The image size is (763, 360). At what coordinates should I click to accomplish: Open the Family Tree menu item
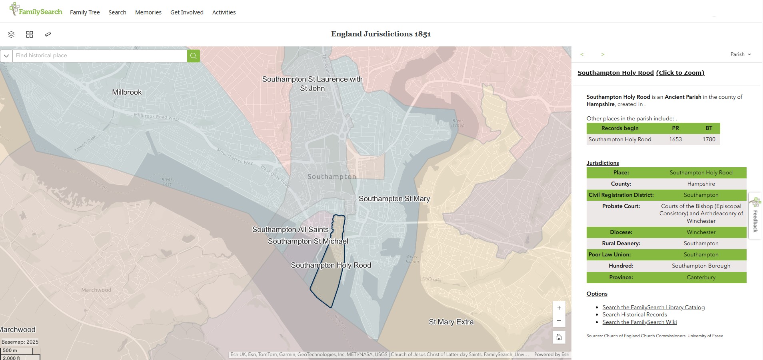[x=85, y=12]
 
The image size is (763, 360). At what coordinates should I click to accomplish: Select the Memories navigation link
[x=148, y=12]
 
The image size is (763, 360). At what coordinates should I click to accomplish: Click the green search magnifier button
[x=193, y=56]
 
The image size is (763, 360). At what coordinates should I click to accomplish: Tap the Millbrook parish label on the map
[x=127, y=92]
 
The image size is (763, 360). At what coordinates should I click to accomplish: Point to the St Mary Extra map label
[x=451, y=322]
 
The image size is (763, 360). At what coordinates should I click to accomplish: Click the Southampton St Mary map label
[x=394, y=199]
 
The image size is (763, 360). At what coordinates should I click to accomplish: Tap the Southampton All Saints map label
[x=290, y=230]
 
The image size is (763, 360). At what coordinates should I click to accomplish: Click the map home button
[x=559, y=337]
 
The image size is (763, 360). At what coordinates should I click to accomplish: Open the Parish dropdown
[x=741, y=54]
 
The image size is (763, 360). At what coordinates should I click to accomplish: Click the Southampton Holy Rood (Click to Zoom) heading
[x=641, y=73]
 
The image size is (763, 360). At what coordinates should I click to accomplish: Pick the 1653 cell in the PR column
[x=675, y=139]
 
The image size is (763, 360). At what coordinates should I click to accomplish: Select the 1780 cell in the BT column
[x=709, y=139]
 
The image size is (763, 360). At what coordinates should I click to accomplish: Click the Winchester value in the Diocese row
[x=701, y=232]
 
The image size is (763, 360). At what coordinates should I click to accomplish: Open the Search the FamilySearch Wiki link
[x=639, y=322]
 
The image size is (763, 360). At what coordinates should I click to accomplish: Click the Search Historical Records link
[x=635, y=315]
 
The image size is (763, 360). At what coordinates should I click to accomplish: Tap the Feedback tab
[x=755, y=216]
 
